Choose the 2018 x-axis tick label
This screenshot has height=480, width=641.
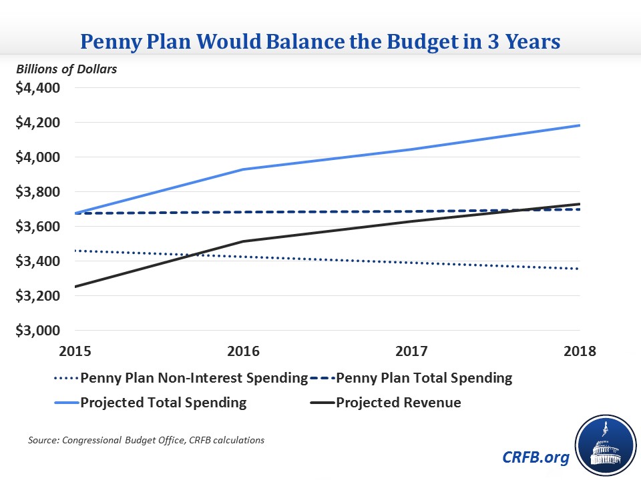pos(578,351)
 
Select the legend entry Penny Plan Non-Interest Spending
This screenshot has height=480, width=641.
pos(194,379)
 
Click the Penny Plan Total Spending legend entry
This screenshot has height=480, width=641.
pos(424,379)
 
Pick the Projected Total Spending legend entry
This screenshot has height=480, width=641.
pos(163,403)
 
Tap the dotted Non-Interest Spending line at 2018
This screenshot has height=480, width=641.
pos(578,269)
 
